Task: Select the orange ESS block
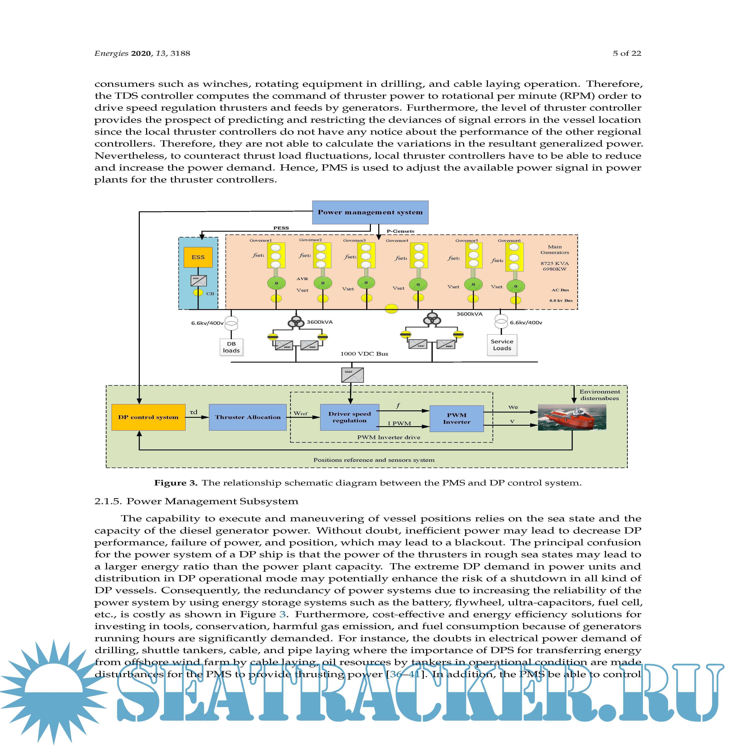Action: coord(198,257)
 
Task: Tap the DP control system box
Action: coord(148,417)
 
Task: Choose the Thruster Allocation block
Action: coord(247,417)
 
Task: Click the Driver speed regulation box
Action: coord(349,417)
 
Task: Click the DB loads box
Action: coord(231,347)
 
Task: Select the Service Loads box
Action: coord(502,345)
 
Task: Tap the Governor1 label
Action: coord(261,240)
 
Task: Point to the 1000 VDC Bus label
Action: coord(364,354)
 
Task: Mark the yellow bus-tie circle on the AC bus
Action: coord(391,309)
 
